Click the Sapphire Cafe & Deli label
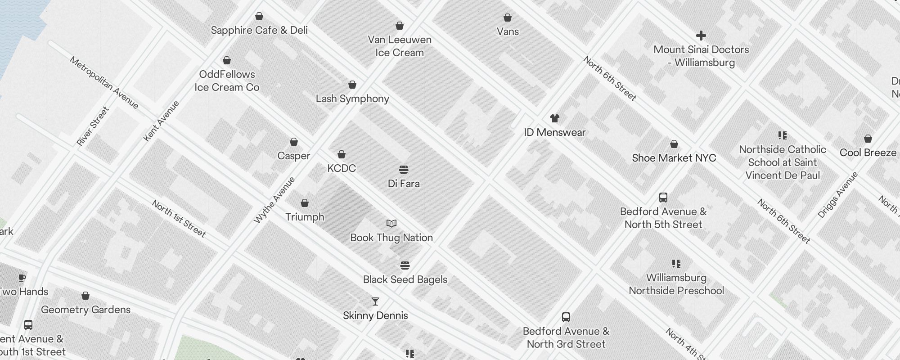(259, 30)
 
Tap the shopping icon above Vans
(508, 18)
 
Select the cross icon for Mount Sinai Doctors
(701, 36)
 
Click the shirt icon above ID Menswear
(554, 118)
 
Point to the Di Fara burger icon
(404, 170)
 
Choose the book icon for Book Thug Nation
(391, 224)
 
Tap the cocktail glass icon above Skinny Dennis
(375, 301)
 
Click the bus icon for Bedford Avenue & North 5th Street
(663, 197)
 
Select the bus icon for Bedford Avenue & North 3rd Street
(566, 317)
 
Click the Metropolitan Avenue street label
(104, 82)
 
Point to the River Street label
(93, 126)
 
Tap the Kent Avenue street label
(161, 121)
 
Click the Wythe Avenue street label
(274, 200)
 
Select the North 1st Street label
(179, 219)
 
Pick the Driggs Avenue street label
(837, 195)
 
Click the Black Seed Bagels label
(405, 279)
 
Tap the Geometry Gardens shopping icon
(85, 296)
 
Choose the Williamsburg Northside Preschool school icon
(676, 264)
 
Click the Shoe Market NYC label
(674, 158)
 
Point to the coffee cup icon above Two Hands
(22, 278)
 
